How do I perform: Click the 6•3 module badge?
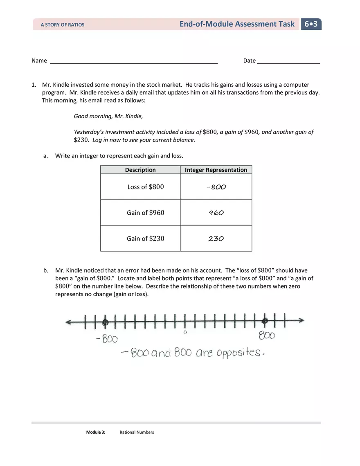(311, 24)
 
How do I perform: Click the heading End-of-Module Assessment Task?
(237, 24)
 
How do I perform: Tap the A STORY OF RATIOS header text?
(62, 25)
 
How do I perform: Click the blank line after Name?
(133, 62)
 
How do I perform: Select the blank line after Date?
(288, 62)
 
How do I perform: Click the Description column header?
(140, 170)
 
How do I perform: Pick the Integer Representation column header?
(216, 170)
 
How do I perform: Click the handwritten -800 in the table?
(216, 187)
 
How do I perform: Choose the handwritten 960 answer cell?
(216, 213)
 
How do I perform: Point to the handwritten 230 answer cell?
(216, 239)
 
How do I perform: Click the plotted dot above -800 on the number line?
(105, 322)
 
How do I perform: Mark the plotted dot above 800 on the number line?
(265, 321)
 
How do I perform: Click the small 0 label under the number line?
(185, 333)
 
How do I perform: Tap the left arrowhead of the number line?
(68, 322)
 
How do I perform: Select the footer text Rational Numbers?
(137, 432)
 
